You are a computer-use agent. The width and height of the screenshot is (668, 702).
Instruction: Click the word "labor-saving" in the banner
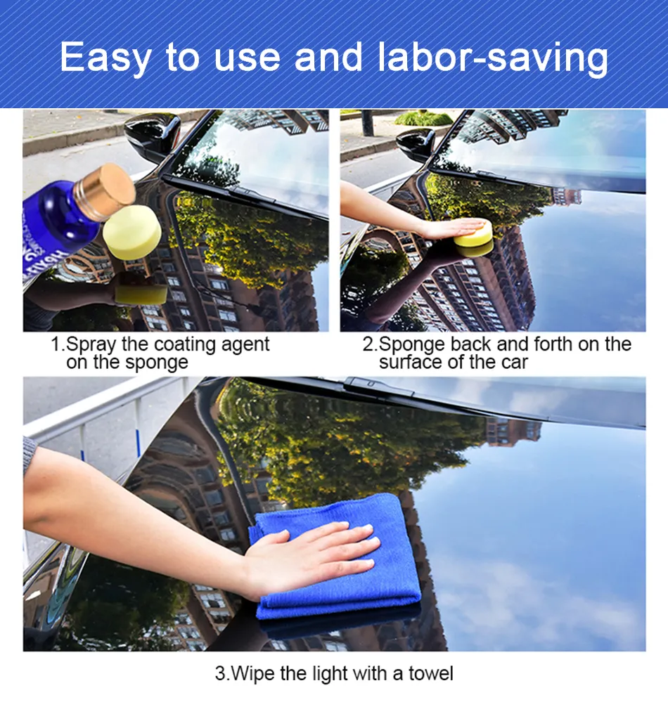[493, 58]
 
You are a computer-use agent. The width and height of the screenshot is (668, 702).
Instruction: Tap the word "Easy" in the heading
[105, 58]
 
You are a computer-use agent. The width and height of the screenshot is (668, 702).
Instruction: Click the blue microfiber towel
[336, 557]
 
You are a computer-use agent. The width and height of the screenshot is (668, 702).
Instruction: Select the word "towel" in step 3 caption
[430, 673]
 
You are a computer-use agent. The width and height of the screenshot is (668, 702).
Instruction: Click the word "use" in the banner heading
[247, 58]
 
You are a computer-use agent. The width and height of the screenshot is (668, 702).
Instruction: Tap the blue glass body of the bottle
[63, 224]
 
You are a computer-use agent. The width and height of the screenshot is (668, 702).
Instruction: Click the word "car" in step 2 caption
[514, 363]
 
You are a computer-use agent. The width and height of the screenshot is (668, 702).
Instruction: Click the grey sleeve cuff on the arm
[29, 455]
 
